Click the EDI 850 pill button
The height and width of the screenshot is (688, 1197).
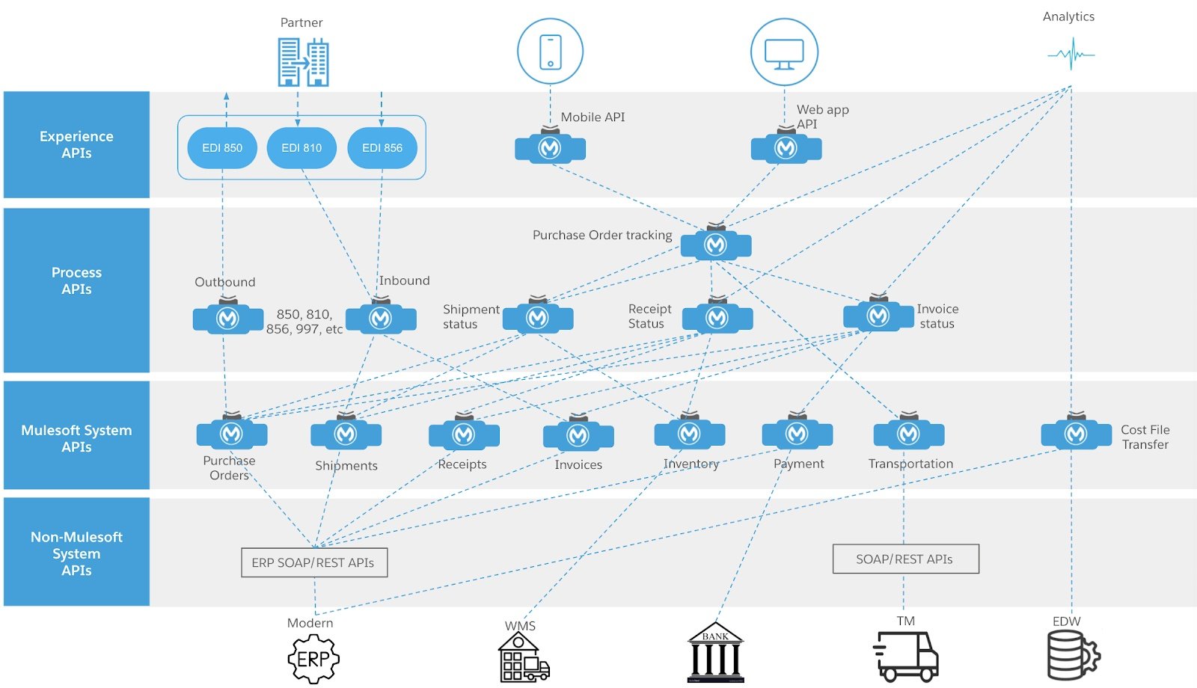[x=222, y=148]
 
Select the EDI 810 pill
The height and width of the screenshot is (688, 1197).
[x=301, y=148]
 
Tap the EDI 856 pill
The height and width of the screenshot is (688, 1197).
[x=382, y=148]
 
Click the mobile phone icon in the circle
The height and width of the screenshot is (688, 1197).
[x=551, y=52]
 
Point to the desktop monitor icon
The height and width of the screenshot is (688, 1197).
[x=784, y=53]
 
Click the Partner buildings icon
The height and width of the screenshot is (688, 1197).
[x=303, y=61]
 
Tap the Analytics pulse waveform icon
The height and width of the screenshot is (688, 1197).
[x=1071, y=55]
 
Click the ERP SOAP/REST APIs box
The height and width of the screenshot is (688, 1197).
[x=313, y=562]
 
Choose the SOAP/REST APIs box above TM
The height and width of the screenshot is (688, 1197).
[x=905, y=559]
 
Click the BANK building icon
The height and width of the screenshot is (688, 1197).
[x=715, y=652]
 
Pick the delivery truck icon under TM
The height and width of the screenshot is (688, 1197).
[x=905, y=656]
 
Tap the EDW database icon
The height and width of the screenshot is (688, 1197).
[x=1072, y=655]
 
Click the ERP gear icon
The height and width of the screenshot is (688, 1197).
[x=313, y=659]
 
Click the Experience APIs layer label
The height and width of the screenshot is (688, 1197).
[x=76, y=144]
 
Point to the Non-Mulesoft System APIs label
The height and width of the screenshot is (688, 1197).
[x=76, y=553]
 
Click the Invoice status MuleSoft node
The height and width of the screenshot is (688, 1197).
[x=878, y=316]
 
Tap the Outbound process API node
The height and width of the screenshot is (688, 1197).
[x=227, y=319]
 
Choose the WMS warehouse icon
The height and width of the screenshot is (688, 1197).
[x=523, y=657]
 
